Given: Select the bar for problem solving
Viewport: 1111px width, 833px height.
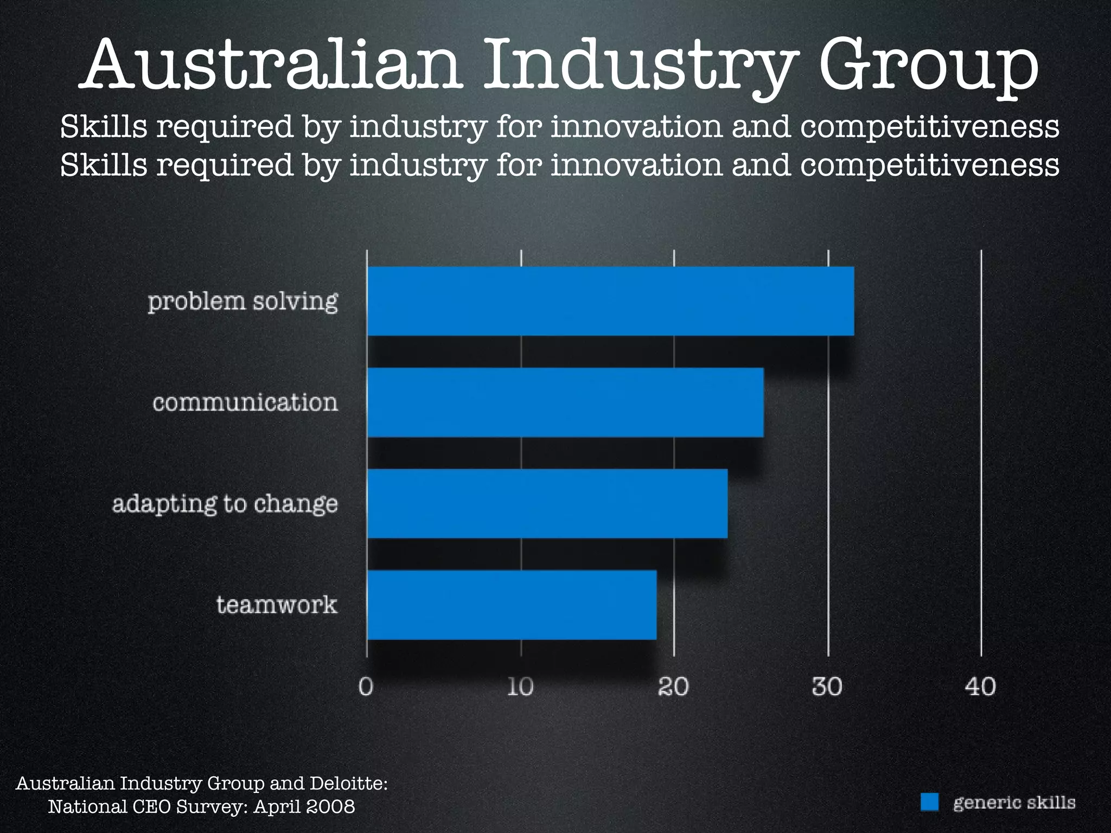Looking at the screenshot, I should pyautogui.click(x=610, y=301).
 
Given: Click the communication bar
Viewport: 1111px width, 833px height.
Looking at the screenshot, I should pyautogui.click(x=565, y=402).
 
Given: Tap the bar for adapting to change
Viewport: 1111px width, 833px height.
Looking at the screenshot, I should pyautogui.click(x=547, y=503).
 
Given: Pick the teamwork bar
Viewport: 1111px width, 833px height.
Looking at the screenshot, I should pyautogui.click(x=512, y=605).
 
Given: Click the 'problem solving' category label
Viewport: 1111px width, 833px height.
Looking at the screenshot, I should pyautogui.click(x=242, y=302).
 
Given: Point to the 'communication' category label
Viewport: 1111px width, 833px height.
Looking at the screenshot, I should pyautogui.click(x=245, y=402).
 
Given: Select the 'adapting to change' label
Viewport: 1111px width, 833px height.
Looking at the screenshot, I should pyautogui.click(x=225, y=504).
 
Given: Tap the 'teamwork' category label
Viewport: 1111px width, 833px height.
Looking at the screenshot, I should pyautogui.click(x=277, y=605).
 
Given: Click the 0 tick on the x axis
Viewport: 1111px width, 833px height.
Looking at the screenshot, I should pyautogui.click(x=366, y=687).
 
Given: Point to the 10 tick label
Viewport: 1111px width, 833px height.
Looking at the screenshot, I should pyautogui.click(x=520, y=687).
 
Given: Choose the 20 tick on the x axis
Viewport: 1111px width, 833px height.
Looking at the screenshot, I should pyautogui.click(x=674, y=687).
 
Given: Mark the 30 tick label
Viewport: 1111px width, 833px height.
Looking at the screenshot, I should pyautogui.click(x=827, y=687).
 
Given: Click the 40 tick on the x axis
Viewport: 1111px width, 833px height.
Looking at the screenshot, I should pyautogui.click(x=981, y=687).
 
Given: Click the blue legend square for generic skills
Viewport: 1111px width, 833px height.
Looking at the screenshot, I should pyautogui.click(x=929, y=802).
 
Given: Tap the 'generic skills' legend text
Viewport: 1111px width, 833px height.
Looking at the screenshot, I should pyautogui.click(x=1014, y=802).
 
